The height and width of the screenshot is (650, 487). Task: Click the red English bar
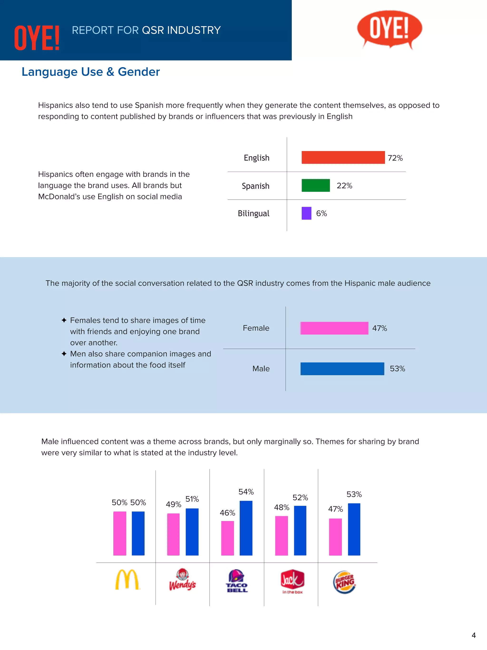tap(343, 157)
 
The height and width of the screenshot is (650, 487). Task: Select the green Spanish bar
tap(316, 185)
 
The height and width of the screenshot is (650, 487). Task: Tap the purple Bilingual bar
tap(306, 213)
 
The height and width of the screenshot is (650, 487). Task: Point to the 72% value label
tap(395, 158)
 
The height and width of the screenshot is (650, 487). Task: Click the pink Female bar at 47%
tap(334, 328)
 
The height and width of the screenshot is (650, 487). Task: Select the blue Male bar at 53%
tap(342, 368)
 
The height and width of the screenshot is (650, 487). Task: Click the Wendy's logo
tap(182, 580)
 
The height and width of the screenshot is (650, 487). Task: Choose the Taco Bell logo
tap(237, 581)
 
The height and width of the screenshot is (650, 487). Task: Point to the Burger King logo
tap(345, 582)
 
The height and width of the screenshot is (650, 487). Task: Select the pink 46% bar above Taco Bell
tap(228, 538)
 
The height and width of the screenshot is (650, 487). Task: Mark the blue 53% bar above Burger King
tap(354, 529)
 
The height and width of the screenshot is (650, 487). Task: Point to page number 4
tap(473, 635)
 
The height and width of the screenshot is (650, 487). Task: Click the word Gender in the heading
tap(139, 72)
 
